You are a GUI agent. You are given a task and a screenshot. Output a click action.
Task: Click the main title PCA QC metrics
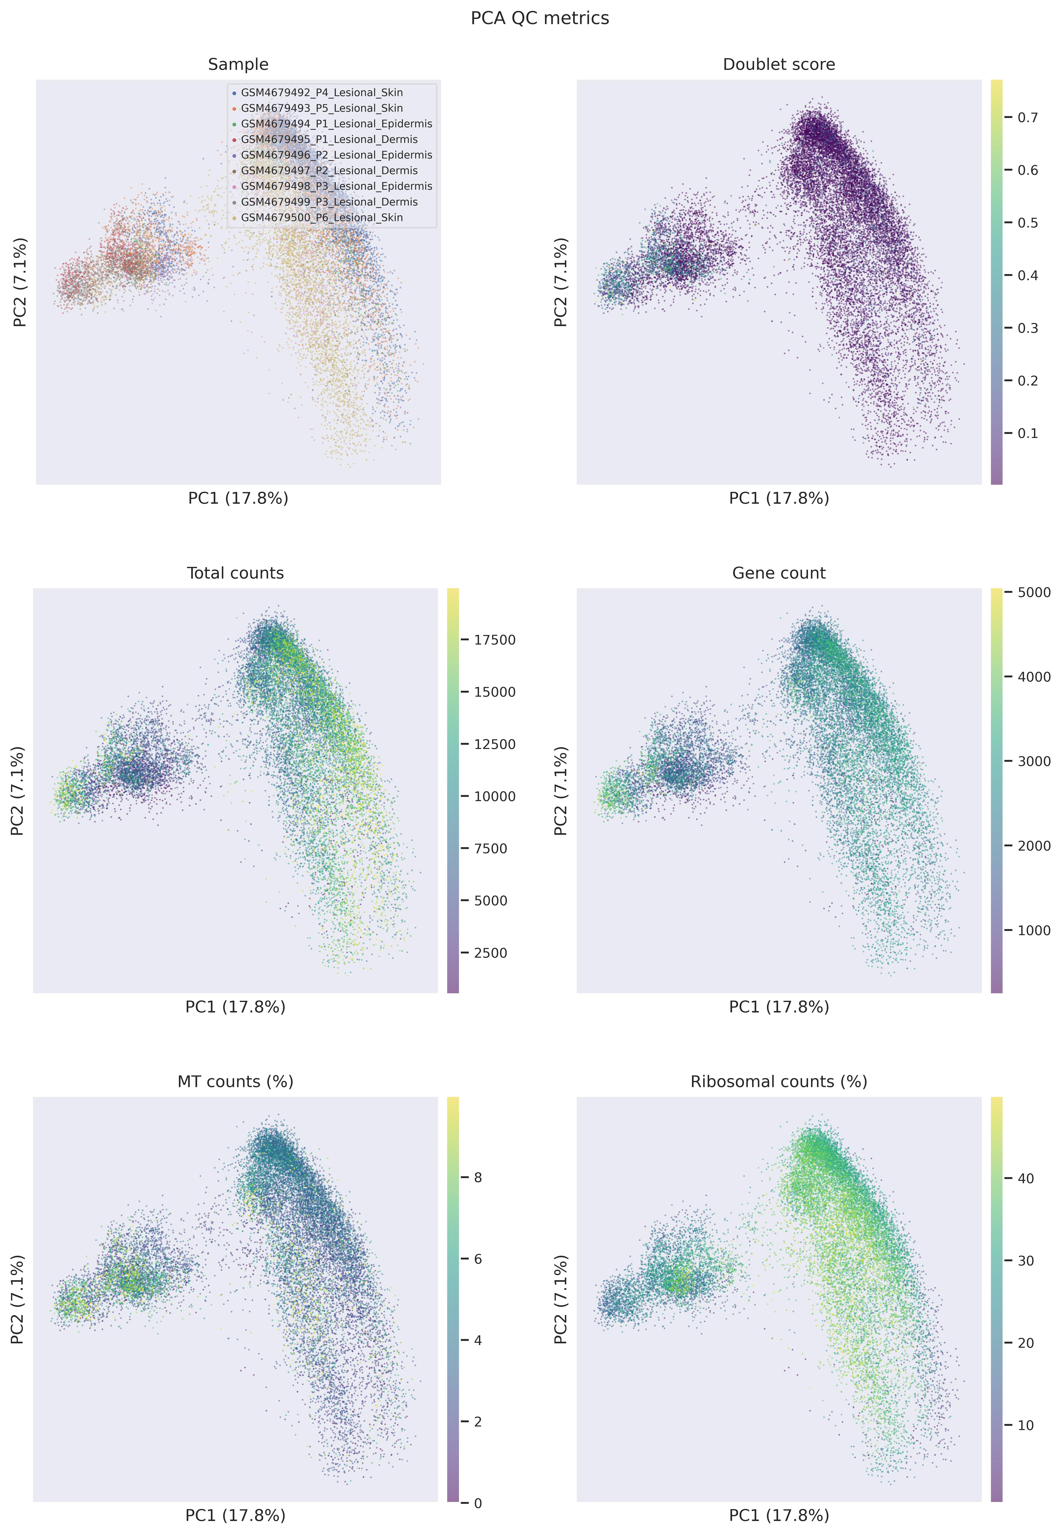click(540, 18)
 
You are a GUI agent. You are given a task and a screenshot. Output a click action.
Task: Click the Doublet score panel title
click(779, 65)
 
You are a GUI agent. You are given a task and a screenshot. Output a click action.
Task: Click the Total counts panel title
click(236, 573)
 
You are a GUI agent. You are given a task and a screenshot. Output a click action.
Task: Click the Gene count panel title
click(779, 573)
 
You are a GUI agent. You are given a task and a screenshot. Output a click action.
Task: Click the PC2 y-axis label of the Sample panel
click(20, 282)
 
